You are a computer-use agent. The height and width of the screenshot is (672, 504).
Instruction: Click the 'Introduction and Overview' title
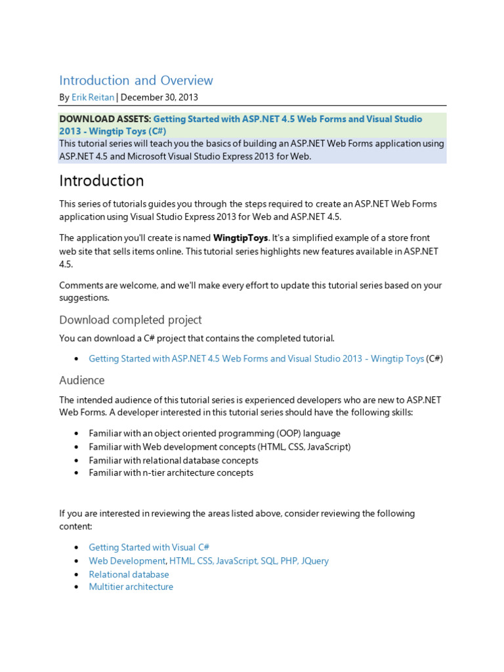point(136,81)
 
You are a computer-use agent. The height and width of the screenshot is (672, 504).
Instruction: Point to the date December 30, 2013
point(159,98)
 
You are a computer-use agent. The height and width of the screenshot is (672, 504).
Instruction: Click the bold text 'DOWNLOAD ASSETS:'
point(104,119)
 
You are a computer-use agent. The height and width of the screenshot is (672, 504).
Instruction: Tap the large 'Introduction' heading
point(101,180)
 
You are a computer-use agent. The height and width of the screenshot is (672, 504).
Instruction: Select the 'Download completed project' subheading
point(130,320)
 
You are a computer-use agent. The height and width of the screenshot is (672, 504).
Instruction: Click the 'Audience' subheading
point(81,381)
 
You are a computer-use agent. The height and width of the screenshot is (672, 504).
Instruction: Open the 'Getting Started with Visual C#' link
point(149,547)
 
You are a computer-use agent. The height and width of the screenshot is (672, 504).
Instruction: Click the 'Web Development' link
point(127,561)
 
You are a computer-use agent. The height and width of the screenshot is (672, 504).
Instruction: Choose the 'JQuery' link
point(314,561)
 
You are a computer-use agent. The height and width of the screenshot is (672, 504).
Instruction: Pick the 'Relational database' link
point(129,574)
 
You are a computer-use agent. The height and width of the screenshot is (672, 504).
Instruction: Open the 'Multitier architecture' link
point(131,587)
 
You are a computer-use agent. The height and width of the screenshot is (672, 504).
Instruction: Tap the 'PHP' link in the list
point(288,561)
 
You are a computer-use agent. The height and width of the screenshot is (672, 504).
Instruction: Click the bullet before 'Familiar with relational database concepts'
point(77,460)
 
